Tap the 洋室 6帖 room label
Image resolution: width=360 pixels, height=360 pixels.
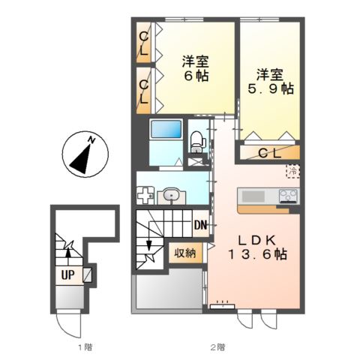pyautogui.click(x=194, y=68)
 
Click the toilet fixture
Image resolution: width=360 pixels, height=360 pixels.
pyautogui.click(x=197, y=139)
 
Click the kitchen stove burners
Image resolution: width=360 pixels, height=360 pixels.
pyautogui.click(x=289, y=196)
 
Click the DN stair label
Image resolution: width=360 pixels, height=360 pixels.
pyautogui.click(x=200, y=225)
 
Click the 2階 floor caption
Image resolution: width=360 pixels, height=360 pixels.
pyautogui.click(x=217, y=347)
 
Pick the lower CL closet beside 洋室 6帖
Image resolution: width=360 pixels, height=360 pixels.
pyautogui.click(x=142, y=91)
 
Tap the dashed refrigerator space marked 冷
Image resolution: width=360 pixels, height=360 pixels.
pyautogui.click(x=292, y=172)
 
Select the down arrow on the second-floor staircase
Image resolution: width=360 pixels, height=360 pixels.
pyautogui.click(x=150, y=246)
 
